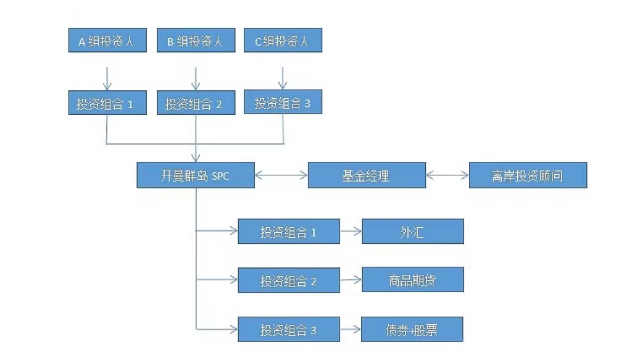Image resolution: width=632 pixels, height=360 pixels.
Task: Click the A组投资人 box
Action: [107, 41]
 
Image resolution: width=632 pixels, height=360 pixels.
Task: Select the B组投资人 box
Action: [196, 41]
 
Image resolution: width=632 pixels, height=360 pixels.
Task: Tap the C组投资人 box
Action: [283, 41]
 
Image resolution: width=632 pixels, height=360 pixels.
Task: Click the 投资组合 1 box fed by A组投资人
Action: [107, 103]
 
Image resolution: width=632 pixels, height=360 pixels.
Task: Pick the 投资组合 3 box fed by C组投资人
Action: [283, 103]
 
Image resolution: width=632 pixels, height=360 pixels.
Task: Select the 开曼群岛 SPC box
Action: [196, 175]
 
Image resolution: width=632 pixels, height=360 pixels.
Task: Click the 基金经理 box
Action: [367, 175]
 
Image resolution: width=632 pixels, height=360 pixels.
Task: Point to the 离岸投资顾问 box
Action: [528, 175]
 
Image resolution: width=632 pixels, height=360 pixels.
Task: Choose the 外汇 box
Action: [412, 232]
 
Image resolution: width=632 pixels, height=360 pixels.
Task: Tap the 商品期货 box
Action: [412, 280]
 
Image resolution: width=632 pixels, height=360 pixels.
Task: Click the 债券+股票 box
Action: [412, 329]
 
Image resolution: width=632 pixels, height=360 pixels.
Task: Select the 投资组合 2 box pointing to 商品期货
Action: [289, 280]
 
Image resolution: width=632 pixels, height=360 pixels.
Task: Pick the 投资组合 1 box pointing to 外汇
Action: [289, 232]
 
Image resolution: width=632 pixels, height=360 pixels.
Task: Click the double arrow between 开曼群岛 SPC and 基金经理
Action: [281, 175]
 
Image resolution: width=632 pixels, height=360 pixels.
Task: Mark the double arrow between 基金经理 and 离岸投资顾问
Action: [447, 175]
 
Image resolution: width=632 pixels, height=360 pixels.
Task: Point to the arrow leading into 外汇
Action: [351, 232]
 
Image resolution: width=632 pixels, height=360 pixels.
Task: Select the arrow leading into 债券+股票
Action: [351, 330]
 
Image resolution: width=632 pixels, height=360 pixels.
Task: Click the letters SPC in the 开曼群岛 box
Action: [220, 176]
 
